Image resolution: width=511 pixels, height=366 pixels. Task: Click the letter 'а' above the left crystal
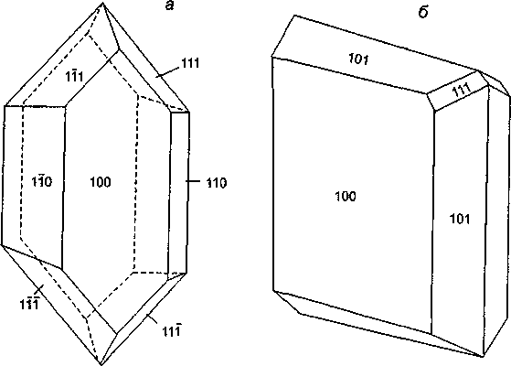coord(169,6)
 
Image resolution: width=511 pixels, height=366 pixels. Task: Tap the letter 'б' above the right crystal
coord(422,13)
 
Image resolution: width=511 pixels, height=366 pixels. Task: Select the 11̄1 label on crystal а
coord(74,76)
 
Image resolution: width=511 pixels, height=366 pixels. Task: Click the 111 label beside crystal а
coord(190,62)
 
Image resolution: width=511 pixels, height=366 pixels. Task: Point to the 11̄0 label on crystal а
coord(42,181)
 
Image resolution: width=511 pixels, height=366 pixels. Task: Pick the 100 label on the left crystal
coord(101,182)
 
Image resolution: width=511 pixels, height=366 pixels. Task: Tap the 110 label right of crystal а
coord(217,183)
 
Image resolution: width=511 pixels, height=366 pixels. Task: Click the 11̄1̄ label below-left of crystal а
coord(29,304)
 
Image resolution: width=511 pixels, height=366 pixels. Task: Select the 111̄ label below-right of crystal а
coord(172,330)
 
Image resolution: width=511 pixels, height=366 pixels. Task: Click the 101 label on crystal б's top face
coord(358,59)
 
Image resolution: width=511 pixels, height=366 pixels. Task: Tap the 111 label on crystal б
coord(462,89)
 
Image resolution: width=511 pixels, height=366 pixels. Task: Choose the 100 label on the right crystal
coord(346,196)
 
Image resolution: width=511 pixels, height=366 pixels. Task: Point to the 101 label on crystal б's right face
coord(460,219)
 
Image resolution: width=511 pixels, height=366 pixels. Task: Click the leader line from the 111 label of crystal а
coord(167,72)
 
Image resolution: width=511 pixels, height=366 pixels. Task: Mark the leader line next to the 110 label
coord(193,181)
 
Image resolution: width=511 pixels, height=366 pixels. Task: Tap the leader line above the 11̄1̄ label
coord(39,288)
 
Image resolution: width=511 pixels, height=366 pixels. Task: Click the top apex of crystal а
coord(103,3)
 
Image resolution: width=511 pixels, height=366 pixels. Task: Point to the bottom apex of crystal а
coord(101,364)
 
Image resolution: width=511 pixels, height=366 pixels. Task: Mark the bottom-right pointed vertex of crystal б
coord(482,357)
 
